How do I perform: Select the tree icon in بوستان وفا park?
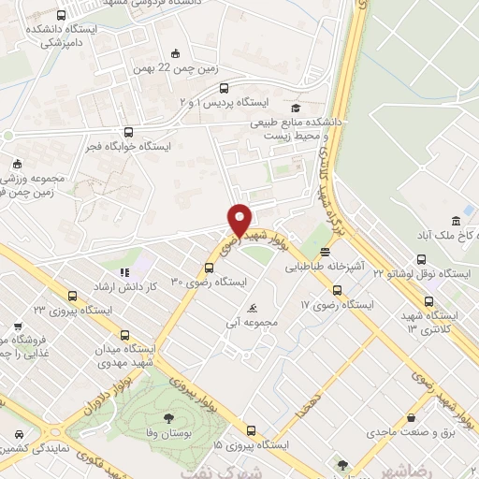167,419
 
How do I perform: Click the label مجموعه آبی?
262,323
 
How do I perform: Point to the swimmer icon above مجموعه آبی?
252,308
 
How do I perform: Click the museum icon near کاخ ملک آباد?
456,221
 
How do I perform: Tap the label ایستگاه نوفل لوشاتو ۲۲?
426,273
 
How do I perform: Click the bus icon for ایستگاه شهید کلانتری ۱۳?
429,302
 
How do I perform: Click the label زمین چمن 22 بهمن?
167,67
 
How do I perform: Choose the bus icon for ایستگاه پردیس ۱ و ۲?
222,89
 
